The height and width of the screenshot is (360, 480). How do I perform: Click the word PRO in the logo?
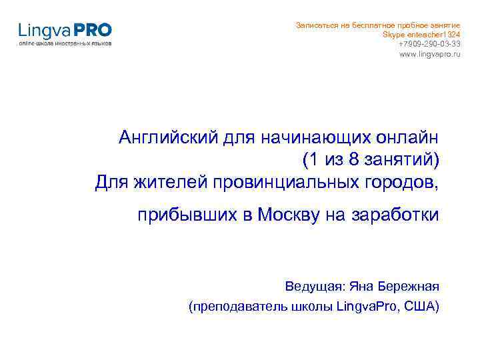[93, 30]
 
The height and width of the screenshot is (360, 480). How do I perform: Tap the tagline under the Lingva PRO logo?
[65, 43]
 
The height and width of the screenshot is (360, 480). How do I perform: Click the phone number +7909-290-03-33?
[429, 43]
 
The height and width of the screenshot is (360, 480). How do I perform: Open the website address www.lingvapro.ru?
[429, 53]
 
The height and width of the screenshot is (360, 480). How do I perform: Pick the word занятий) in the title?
[403, 160]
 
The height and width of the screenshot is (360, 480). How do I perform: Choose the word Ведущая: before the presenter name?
[315, 287]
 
